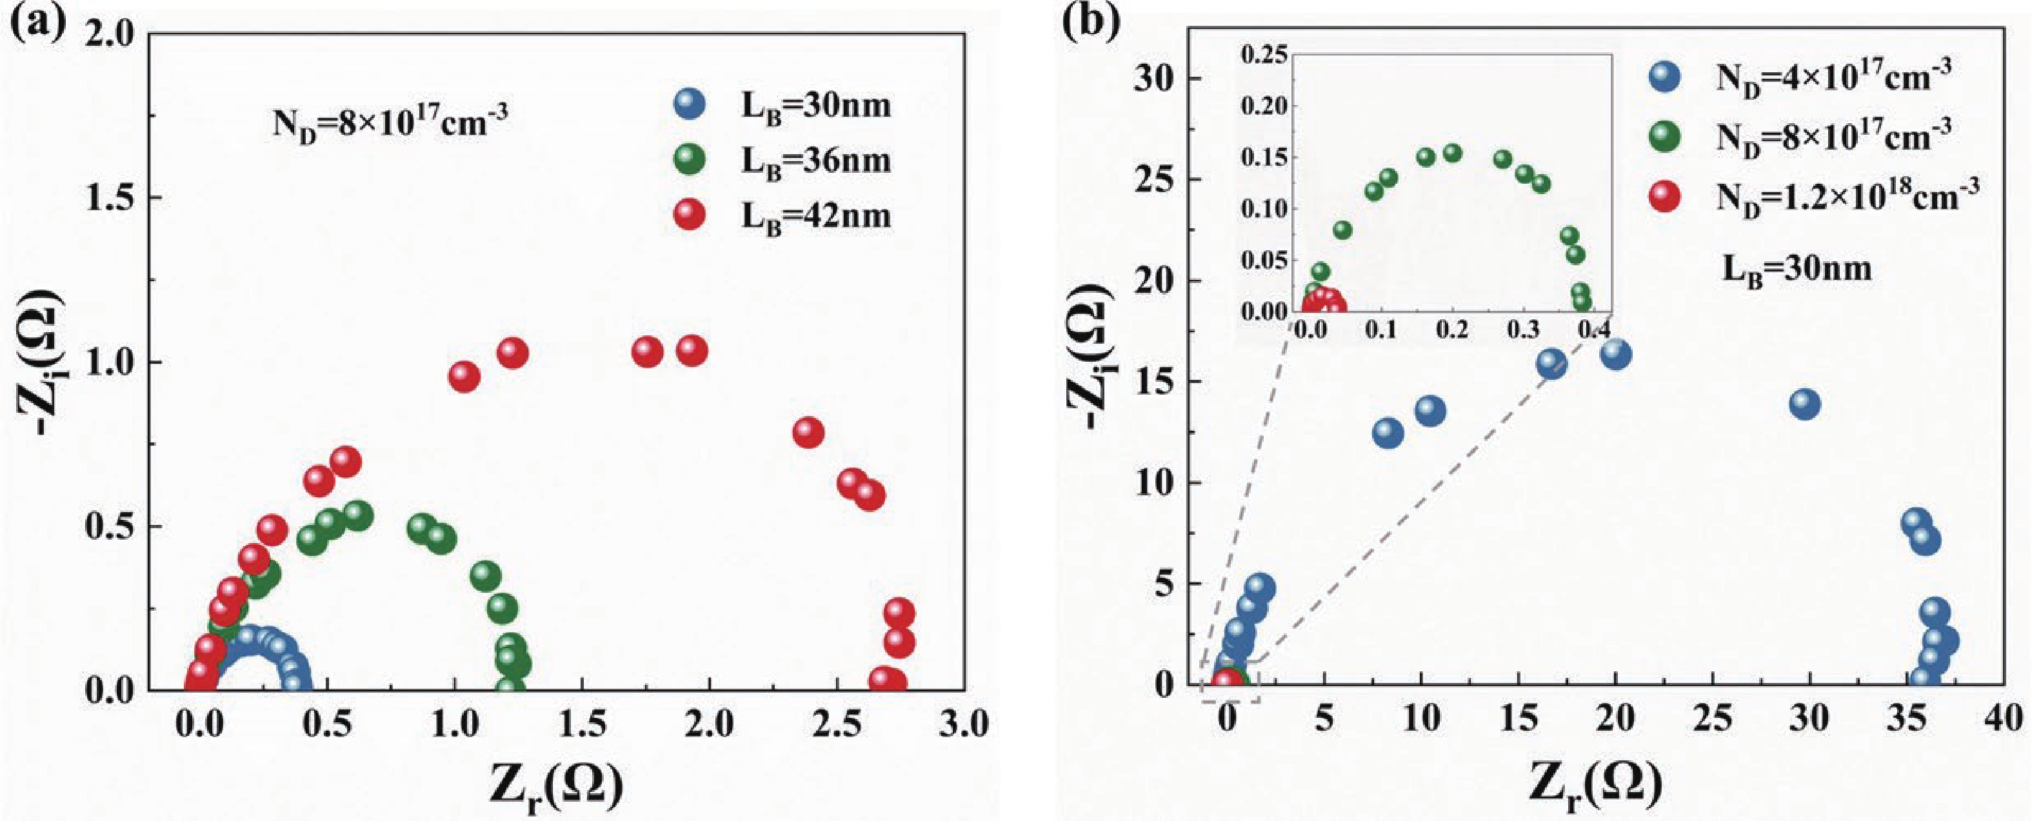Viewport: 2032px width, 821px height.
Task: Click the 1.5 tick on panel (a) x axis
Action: coord(582,724)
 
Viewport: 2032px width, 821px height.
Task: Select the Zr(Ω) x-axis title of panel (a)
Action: coord(557,786)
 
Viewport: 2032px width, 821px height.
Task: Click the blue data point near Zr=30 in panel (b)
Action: coord(1805,404)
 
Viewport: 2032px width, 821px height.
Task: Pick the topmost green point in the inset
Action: coord(1452,153)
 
